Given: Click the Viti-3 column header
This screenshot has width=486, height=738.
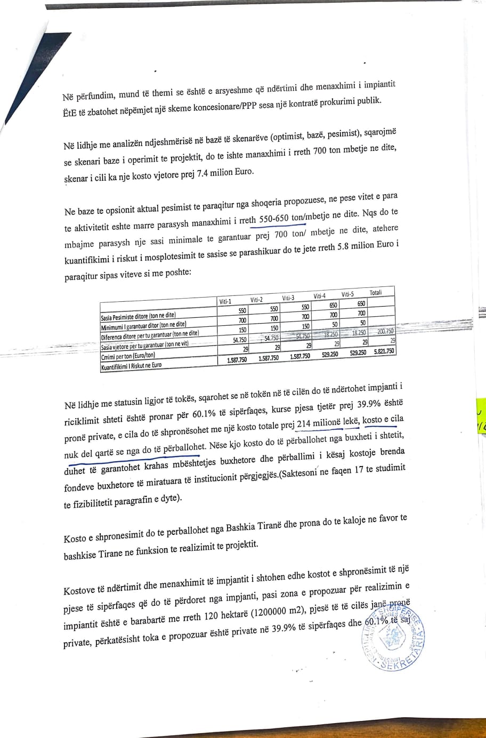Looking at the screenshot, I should click(289, 298).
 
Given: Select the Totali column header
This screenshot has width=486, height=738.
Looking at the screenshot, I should click(376, 293).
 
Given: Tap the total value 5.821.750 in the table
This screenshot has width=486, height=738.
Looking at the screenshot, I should click(383, 351).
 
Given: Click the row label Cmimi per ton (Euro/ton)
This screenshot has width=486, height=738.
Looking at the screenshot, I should click(128, 356).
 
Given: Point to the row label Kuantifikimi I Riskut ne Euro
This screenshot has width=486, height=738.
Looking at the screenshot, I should click(131, 365).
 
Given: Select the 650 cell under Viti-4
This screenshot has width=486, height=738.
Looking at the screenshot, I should click(333, 306).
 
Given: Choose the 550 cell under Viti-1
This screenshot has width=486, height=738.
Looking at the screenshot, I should click(242, 310).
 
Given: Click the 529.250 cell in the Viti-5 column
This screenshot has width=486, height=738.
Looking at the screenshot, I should click(356, 352).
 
